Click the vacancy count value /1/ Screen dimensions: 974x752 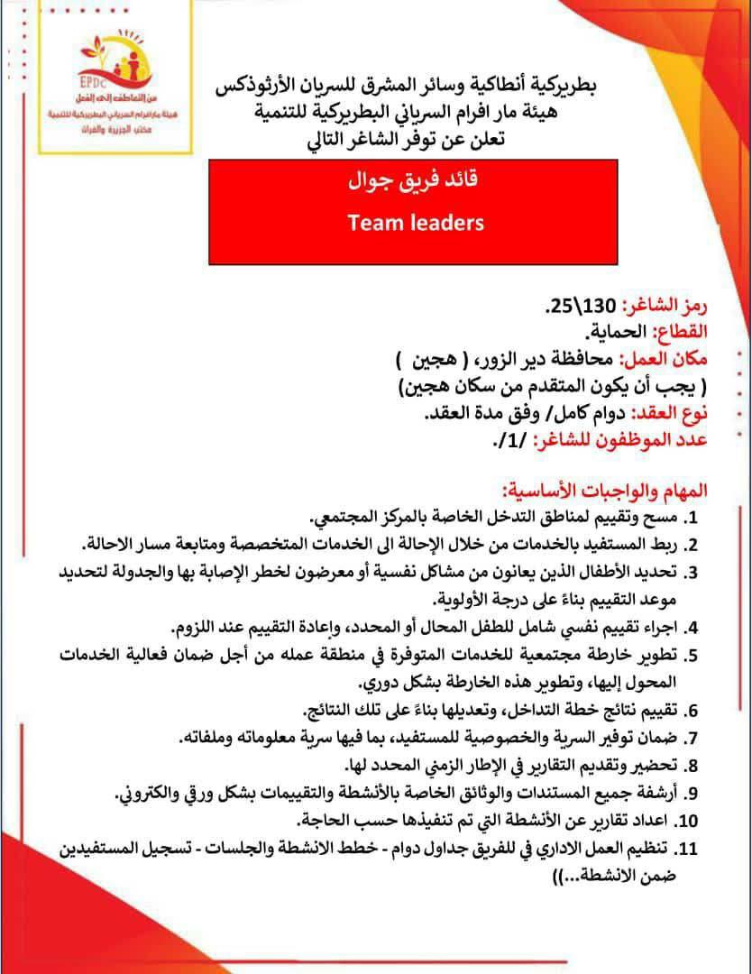coord(510,442)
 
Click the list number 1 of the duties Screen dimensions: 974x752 coord(694,519)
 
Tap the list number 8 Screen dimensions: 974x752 coord(694,765)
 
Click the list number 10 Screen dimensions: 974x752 coord(689,821)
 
